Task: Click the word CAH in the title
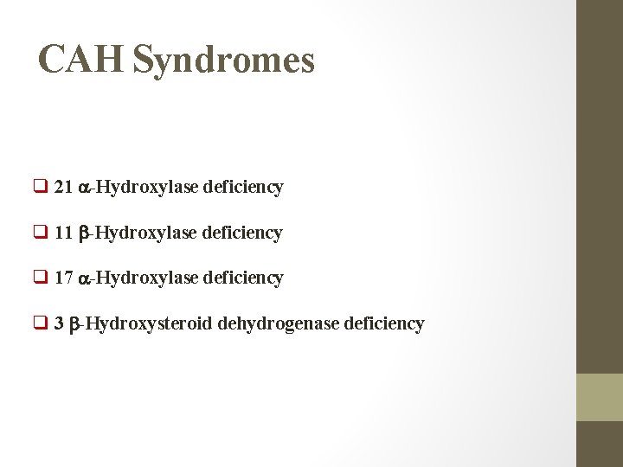pyautogui.click(x=81, y=60)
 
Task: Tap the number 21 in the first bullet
pyautogui.click(x=63, y=187)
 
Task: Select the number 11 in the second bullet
pyautogui.click(x=63, y=233)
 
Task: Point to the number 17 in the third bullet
pyautogui.click(x=63, y=278)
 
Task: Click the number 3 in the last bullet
pyautogui.click(x=59, y=324)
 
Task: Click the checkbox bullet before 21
pyautogui.click(x=41, y=187)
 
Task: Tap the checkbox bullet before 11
pyautogui.click(x=41, y=233)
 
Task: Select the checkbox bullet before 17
pyautogui.click(x=41, y=278)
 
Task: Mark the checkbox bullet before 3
pyautogui.click(x=41, y=324)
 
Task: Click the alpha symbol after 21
pyautogui.click(x=85, y=188)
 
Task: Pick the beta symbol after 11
pyautogui.click(x=84, y=233)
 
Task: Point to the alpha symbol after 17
pyautogui.click(x=85, y=278)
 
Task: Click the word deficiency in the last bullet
pyautogui.click(x=384, y=324)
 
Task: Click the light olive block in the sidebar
pyautogui.click(x=600, y=397)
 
